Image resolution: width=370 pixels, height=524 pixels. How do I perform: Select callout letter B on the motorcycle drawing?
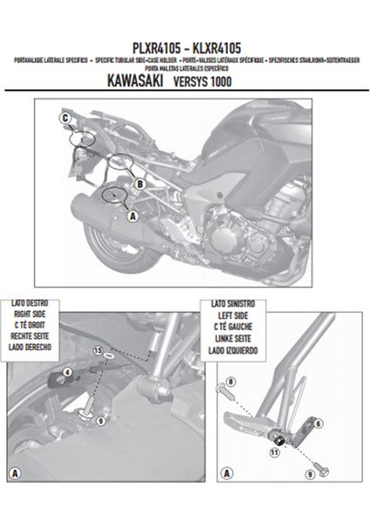coord(137,184)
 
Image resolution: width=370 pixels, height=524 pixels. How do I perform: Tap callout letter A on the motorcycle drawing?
coord(132,214)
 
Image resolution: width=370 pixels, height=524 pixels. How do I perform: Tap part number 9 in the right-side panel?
coord(100,420)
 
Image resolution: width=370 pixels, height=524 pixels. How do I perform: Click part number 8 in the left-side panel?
coord(230,382)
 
